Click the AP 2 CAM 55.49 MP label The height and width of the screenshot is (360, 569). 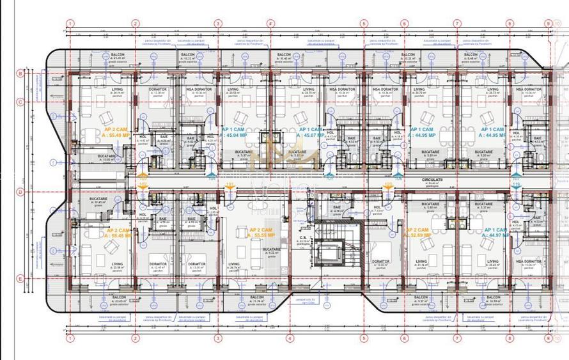(116, 132)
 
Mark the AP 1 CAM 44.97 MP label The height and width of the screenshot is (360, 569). (497, 233)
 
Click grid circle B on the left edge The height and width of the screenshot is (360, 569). (20, 74)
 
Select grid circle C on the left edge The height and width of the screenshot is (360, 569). (20, 102)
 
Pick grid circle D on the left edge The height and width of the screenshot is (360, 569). (20, 192)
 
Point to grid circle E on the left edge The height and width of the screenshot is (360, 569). (20, 278)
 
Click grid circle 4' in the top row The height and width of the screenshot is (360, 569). (271, 24)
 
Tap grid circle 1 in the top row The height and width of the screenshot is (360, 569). (70, 24)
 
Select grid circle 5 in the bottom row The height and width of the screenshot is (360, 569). (364, 338)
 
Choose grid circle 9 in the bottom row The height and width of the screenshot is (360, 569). (548, 338)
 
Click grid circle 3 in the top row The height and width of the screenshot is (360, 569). (218, 24)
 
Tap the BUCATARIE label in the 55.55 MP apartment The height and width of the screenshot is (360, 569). (271, 250)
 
